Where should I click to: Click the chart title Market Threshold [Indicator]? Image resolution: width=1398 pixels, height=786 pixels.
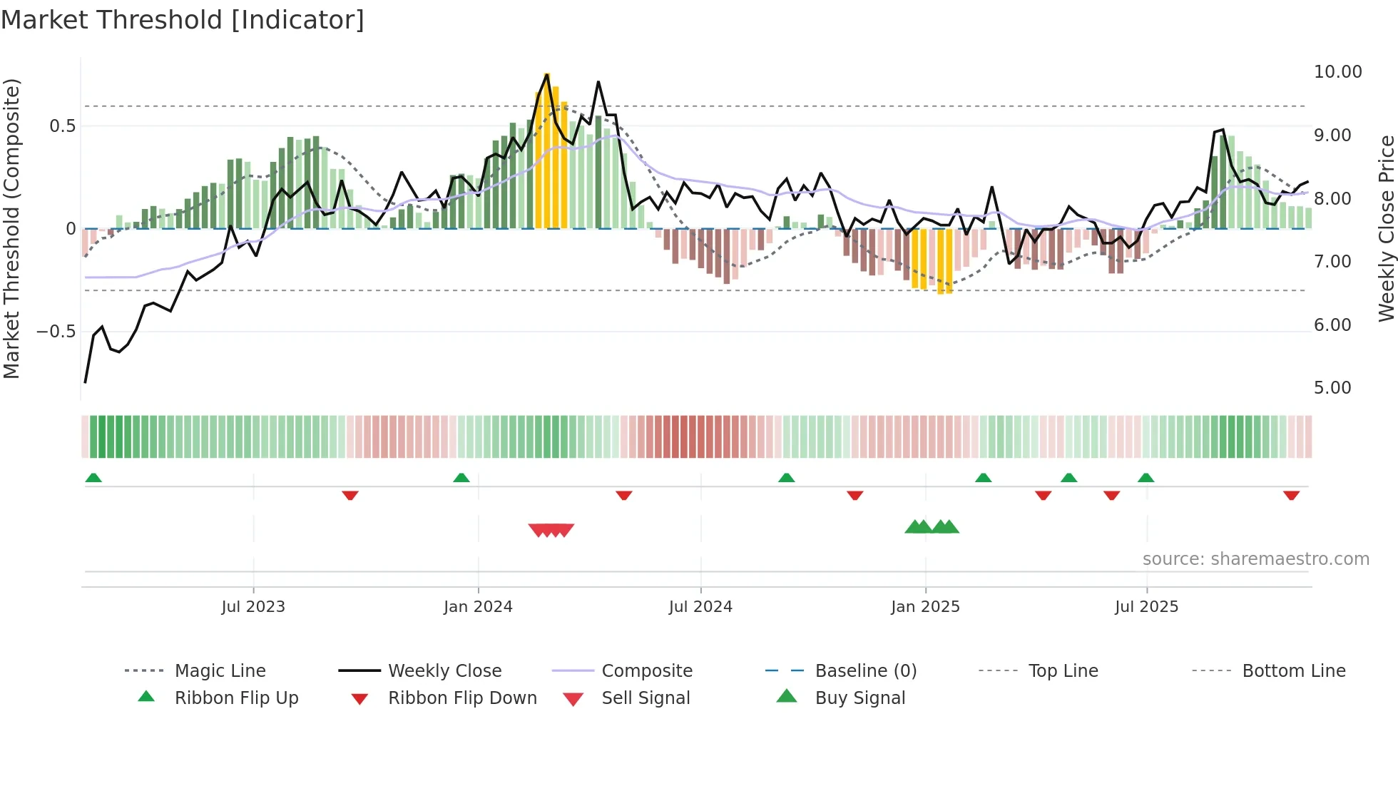click(183, 20)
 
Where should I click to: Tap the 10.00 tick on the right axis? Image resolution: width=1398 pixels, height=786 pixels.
click(1337, 72)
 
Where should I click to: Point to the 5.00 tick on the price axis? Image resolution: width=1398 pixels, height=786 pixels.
click(1332, 388)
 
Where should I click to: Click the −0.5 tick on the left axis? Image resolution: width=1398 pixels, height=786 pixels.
click(56, 332)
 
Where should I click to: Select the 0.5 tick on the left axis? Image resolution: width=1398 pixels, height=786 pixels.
click(62, 126)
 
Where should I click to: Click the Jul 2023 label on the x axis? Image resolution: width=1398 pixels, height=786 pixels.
click(253, 607)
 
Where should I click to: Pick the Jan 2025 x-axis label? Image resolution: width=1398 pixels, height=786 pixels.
click(925, 607)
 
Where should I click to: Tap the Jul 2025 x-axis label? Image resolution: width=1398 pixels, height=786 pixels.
click(1146, 607)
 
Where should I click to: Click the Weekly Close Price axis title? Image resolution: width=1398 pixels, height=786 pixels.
click(1386, 228)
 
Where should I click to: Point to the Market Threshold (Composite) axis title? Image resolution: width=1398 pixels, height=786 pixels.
click(11, 228)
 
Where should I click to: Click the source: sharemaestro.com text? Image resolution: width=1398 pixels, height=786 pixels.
click(1255, 559)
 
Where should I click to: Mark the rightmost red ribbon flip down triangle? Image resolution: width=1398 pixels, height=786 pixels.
click(1291, 495)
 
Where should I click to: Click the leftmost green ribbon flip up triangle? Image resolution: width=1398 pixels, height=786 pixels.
click(93, 478)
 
